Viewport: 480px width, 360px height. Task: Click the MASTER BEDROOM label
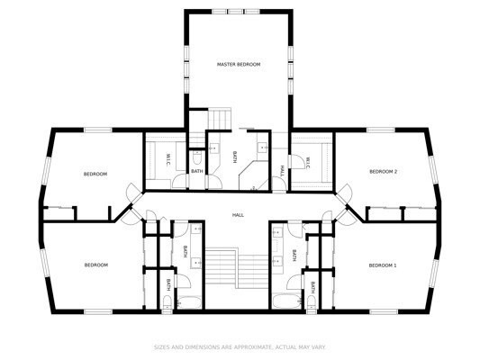[239, 64]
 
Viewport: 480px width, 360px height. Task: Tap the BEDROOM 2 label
[383, 172]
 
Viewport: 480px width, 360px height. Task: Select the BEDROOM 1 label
[383, 265]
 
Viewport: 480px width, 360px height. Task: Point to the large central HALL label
[238, 215]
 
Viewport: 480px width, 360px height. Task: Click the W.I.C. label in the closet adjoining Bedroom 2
[308, 162]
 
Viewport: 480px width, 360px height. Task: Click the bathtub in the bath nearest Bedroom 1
[286, 301]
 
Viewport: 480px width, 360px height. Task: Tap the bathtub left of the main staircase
[189, 302]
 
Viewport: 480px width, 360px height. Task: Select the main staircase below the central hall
[237, 268]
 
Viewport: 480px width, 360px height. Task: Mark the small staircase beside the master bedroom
[219, 119]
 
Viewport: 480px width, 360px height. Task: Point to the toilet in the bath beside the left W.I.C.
[197, 157]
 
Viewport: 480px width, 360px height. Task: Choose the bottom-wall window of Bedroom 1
[384, 311]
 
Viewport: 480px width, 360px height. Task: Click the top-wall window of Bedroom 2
[381, 130]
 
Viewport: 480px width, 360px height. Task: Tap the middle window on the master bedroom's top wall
[235, 12]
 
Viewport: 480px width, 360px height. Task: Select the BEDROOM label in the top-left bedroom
[95, 174]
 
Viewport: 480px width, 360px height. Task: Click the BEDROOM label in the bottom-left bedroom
[96, 265]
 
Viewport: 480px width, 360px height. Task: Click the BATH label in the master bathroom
[235, 157]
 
